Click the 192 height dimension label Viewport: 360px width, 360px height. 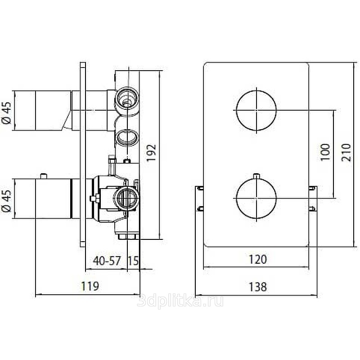[151, 153]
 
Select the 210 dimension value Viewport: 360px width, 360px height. [346, 153]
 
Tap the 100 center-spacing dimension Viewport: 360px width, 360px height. [325, 152]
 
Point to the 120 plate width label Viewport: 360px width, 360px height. [258, 260]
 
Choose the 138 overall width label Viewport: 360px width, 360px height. [258, 287]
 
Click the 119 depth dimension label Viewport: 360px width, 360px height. [90, 286]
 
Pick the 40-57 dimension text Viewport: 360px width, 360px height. [107, 261]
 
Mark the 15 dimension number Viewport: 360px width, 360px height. [133, 261]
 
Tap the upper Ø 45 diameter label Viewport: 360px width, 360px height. [7, 113]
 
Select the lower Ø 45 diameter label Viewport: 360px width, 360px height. [7, 201]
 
